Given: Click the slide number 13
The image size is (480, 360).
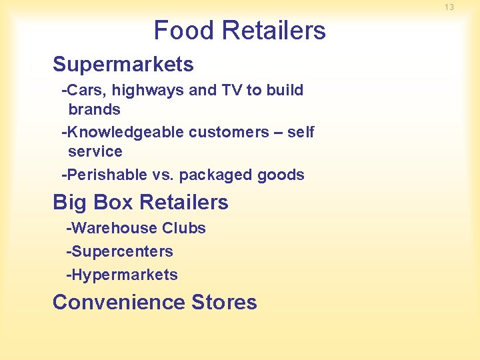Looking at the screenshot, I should pos(449,7).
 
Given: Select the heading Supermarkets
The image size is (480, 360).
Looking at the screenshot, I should pos(123,65).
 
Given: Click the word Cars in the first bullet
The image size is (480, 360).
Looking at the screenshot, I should pos(82,90).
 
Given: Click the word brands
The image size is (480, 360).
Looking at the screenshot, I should pos(94,109).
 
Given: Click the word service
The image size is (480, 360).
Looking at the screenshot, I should pos(95,151).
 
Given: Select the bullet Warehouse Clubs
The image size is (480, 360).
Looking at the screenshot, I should pos(136,228).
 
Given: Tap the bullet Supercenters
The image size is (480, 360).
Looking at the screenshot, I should pos(119,251).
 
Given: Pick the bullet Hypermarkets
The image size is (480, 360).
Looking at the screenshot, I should pos(122,275).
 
